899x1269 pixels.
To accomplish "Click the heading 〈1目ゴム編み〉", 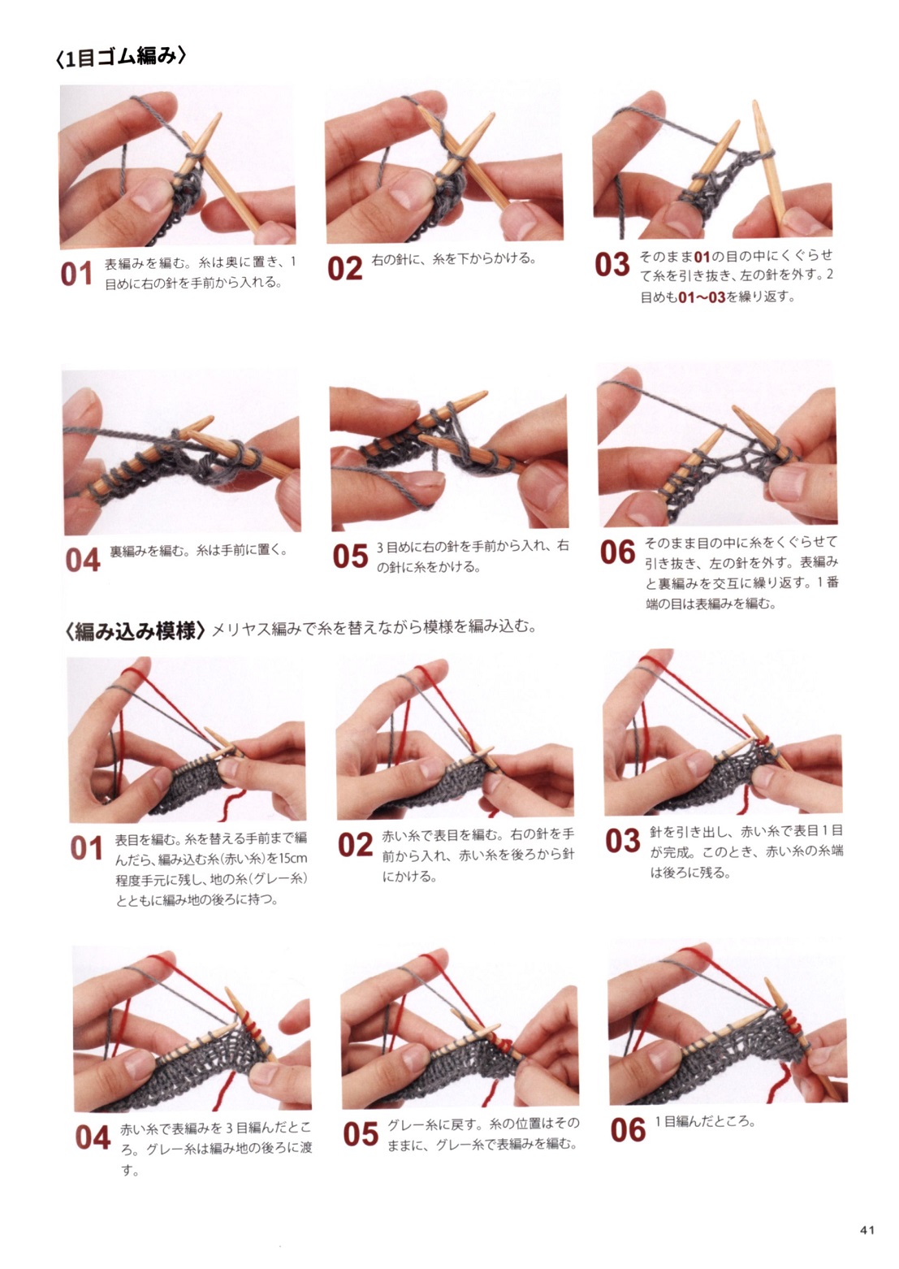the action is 120,58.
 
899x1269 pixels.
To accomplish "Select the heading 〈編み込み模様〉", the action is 135,632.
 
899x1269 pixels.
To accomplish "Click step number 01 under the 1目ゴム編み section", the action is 76,275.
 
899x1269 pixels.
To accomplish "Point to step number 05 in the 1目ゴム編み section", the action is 350,557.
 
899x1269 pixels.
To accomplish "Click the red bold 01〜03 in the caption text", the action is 702,297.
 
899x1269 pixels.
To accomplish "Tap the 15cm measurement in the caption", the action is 293,858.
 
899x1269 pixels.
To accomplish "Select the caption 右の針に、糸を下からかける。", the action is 453,259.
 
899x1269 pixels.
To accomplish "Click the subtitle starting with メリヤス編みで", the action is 374,628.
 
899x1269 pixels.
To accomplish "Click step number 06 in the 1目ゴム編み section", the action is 618,553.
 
